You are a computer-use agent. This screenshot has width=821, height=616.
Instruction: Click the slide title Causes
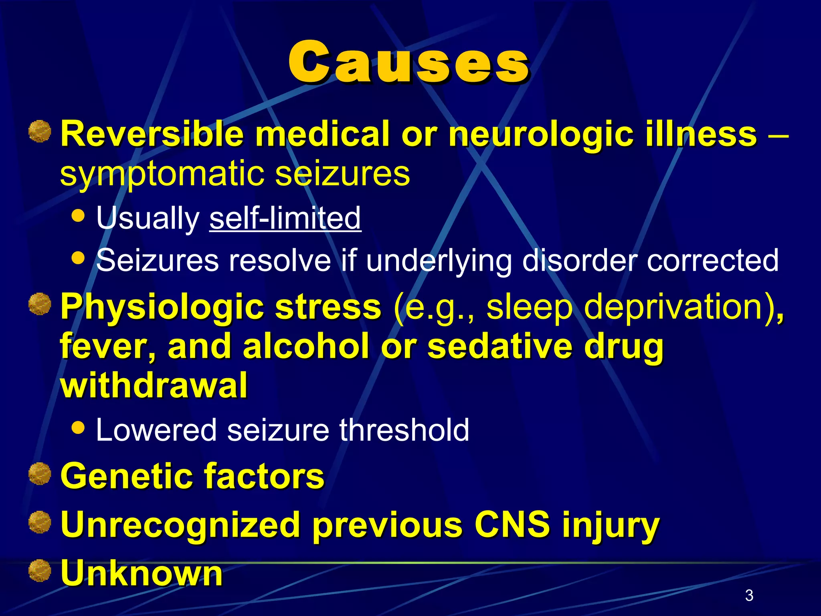pos(409,62)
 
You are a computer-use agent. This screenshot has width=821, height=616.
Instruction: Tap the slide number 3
pos(749,595)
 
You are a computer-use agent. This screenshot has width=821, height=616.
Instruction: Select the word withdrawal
pos(154,385)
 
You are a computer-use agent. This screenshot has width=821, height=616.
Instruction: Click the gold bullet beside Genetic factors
pos(40,474)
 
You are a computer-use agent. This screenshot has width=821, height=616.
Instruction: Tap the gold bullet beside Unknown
pos(40,571)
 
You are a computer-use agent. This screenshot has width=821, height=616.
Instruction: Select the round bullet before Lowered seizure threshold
pos(78,428)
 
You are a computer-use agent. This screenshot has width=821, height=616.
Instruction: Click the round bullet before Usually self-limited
pos(78,216)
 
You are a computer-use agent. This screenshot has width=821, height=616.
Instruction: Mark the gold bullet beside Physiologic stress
pos(40,304)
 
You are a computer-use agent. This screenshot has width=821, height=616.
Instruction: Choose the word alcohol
pos(306,346)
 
